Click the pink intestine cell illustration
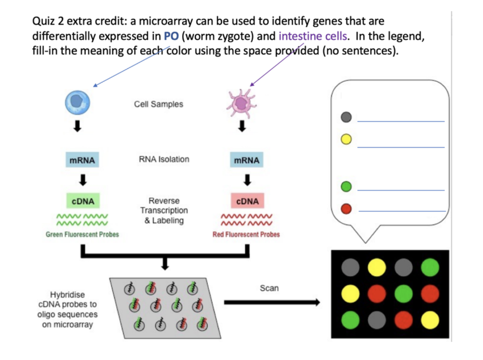(x=241, y=104)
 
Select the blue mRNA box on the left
(x=83, y=160)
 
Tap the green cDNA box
(x=83, y=201)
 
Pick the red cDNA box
(x=247, y=201)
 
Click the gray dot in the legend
(x=346, y=117)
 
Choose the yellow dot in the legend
(x=346, y=139)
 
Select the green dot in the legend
(x=346, y=187)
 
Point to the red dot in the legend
(x=346, y=208)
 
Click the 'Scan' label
(x=269, y=287)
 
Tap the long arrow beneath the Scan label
(x=271, y=303)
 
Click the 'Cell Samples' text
(x=158, y=104)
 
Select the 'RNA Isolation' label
(x=164, y=159)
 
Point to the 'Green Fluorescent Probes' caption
(x=83, y=234)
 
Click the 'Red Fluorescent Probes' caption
(x=246, y=234)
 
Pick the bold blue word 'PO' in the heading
(x=171, y=36)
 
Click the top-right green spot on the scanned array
(x=430, y=267)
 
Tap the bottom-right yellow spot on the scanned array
(x=430, y=320)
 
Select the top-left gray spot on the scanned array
(x=350, y=267)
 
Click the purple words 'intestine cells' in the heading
(x=313, y=36)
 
